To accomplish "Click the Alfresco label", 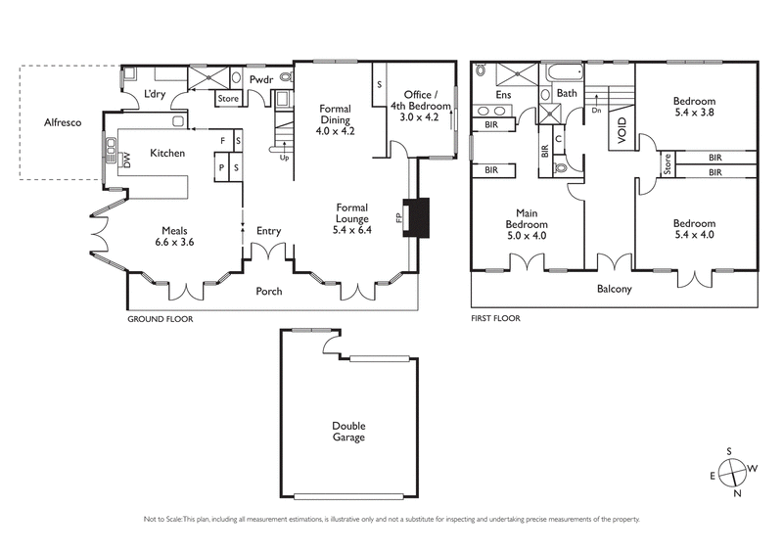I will pyautogui.click(x=61, y=122).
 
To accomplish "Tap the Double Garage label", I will pyautogui.click(x=347, y=432).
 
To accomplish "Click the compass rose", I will pyautogui.click(x=729, y=473).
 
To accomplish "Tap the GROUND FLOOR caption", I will pyautogui.click(x=160, y=319).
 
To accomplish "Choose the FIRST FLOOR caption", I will pyautogui.click(x=495, y=319).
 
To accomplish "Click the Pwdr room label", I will pyautogui.click(x=260, y=79).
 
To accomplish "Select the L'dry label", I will pyautogui.click(x=154, y=93).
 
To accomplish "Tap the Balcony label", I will pyautogui.click(x=614, y=289).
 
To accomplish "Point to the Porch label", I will pyautogui.click(x=269, y=291).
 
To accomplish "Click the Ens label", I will pyautogui.click(x=503, y=95).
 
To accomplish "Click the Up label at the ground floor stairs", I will pyautogui.click(x=285, y=157).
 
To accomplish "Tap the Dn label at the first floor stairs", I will pyautogui.click(x=596, y=111).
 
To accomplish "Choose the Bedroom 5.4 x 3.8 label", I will pyautogui.click(x=694, y=106).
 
